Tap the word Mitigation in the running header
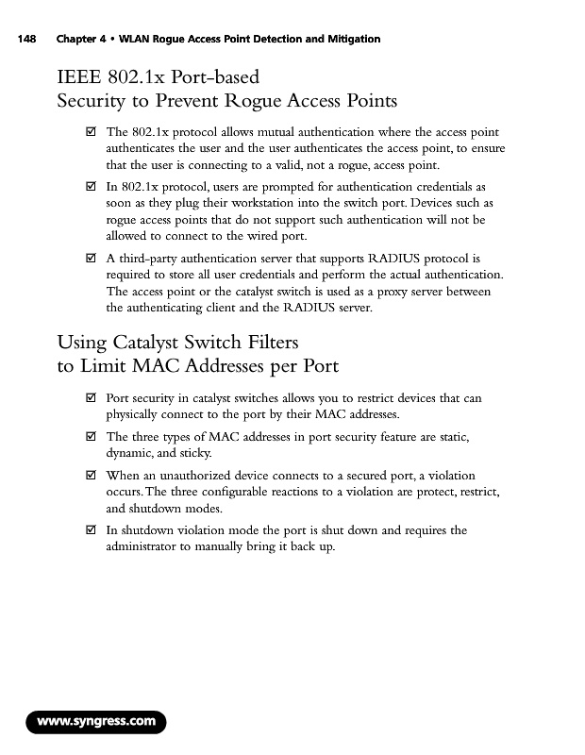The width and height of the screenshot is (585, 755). point(347,40)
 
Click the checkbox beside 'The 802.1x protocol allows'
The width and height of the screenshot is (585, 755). point(91,132)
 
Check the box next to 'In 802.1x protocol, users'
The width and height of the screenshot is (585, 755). point(91,187)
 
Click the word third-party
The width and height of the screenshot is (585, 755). point(149,258)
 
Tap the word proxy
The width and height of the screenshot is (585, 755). point(382,291)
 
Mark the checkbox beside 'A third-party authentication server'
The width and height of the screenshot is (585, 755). point(91,258)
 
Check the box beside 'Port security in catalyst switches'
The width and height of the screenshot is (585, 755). point(91,398)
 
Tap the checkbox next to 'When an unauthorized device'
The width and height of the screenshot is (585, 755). point(91,476)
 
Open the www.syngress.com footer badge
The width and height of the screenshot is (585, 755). point(95,723)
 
